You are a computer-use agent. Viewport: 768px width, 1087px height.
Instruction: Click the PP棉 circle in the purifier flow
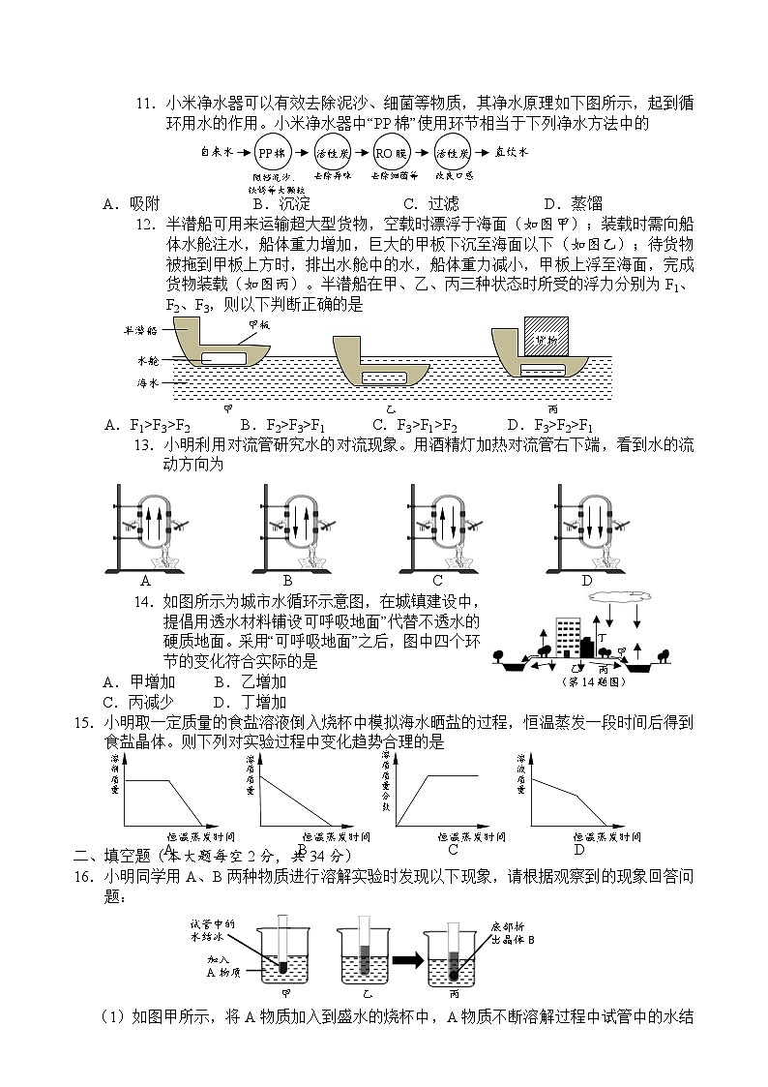[x=273, y=153]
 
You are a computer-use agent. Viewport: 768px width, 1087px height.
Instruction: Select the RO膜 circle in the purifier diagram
[x=389, y=153]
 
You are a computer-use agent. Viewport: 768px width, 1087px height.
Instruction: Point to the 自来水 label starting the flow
[x=217, y=152]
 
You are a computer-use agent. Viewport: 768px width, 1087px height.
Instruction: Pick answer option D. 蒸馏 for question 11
[x=573, y=203]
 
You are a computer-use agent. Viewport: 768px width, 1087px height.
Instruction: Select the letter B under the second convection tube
[x=287, y=581]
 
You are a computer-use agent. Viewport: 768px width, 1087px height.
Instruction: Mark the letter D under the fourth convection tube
[x=586, y=581]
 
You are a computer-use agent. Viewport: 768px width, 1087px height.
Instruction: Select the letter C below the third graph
[x=452, y=849]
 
